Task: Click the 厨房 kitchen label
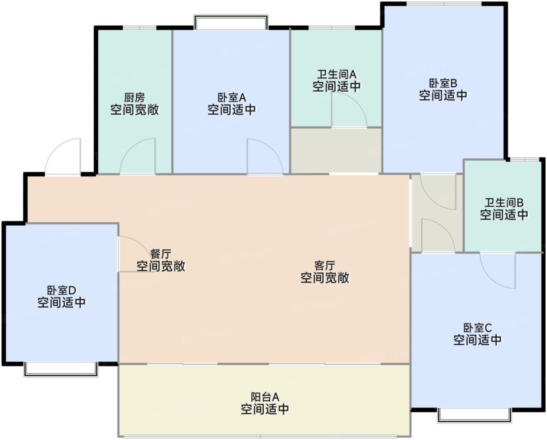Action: coord(134,97)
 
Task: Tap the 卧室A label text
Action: coord(232,97)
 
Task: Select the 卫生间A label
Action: coord(336,74)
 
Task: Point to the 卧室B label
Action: coord(443,83)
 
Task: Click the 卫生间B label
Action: coord(504,203)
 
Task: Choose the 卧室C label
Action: coord(477,328)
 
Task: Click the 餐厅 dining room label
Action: coord(160,254)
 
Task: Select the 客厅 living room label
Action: coord(324,266)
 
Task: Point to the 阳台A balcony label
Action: coord(265,397)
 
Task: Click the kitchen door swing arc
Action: coord(137,156)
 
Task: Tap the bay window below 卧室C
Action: coord(474,415)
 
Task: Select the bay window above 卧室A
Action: coord(231,22)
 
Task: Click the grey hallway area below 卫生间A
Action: coord(336,150)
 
